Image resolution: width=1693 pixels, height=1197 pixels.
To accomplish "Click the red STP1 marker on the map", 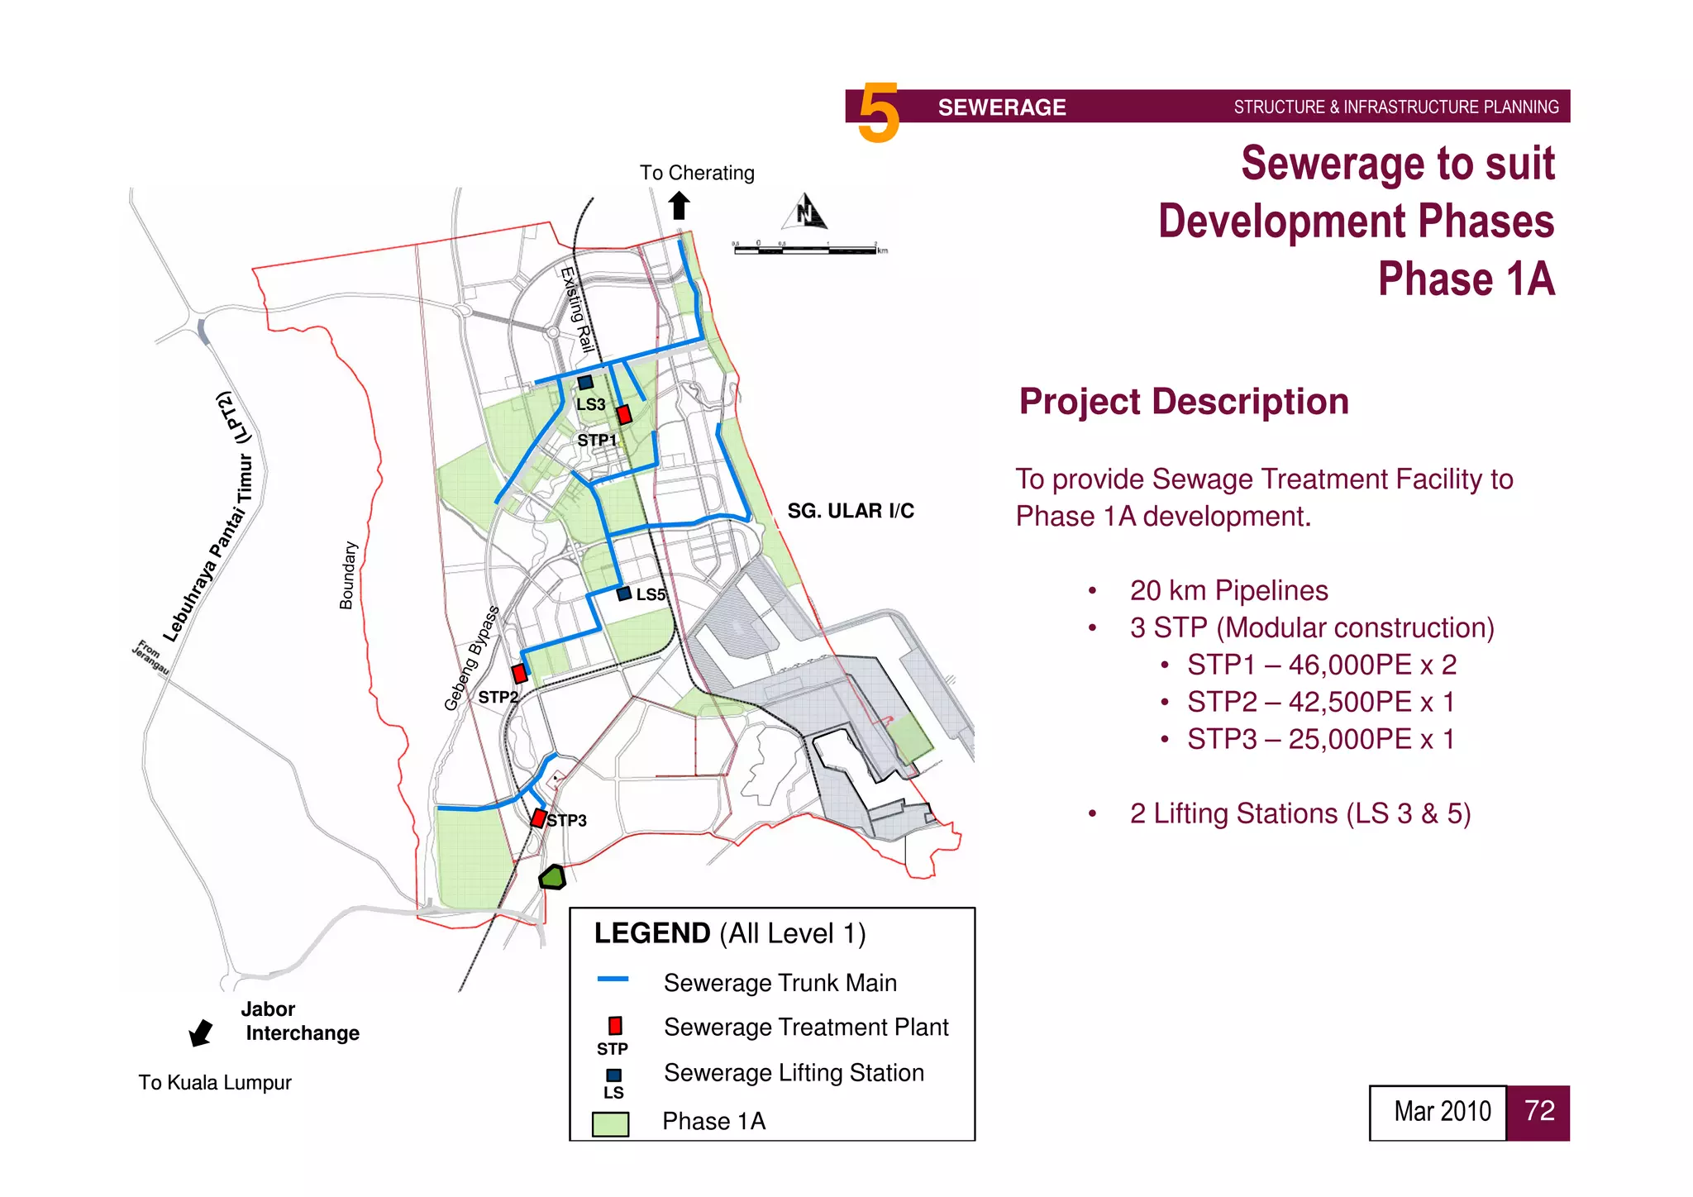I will [624, 414].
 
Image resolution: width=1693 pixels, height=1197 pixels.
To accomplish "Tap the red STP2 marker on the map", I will [519, 673].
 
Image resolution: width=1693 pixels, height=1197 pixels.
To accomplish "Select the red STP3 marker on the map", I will [538, 818].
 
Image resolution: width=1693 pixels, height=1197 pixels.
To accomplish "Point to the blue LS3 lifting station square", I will [585, 382].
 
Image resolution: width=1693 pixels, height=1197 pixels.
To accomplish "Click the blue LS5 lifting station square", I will [624, 594].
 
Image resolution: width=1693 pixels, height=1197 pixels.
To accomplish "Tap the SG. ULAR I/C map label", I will [851, 511].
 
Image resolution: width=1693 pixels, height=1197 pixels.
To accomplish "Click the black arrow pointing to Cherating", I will [680, 205].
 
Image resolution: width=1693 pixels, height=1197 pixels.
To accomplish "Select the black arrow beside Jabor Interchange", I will [201, 1032].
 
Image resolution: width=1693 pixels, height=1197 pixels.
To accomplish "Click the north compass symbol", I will [804, 212].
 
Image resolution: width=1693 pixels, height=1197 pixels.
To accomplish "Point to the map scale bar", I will [806, 248].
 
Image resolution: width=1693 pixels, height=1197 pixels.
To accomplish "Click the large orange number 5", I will [878, 112].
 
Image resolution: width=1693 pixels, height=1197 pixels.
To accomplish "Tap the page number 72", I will [1538, 1112].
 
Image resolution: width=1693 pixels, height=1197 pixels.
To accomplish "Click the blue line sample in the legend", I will [613, 980].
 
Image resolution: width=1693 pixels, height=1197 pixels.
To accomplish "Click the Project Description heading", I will [1184, 402].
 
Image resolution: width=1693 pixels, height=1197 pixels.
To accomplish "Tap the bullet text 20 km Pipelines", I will [1228, 590].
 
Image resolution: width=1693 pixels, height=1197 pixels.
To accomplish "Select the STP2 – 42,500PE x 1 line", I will [1320, 702].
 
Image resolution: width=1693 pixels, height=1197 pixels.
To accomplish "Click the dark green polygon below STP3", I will [552, 877].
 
